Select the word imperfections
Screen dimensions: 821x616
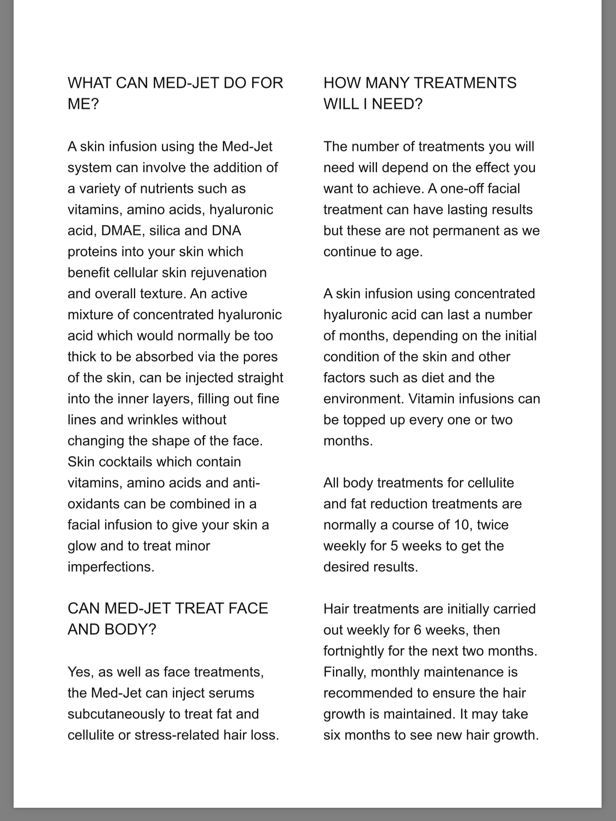(x=111, y=567)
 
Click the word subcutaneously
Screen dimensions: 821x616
(x=124, y=714)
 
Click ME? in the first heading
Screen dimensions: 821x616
(x=83, y=104)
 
